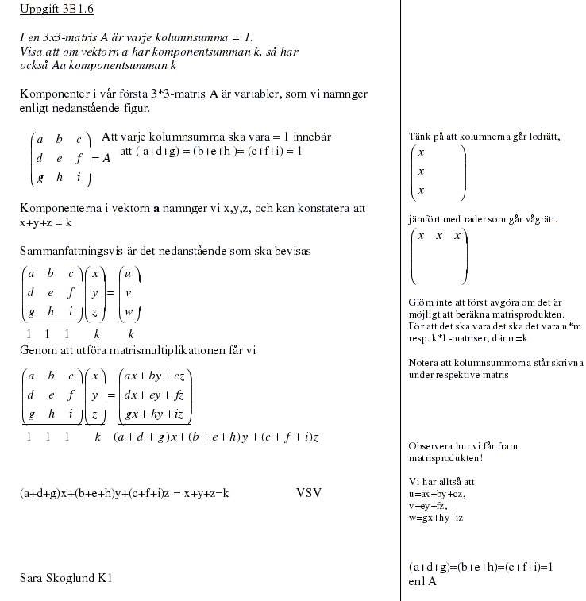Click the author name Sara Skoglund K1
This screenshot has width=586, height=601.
[x=66, y=578]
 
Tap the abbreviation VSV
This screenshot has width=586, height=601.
[x=309, y=493]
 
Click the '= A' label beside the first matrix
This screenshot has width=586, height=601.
[x=101, y=158]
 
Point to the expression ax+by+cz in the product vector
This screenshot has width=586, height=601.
[x=155, y=376]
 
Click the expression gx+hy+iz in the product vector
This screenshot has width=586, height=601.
[x=155, y=414]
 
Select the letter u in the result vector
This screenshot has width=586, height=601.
[x=129, y=274]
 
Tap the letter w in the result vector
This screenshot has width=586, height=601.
[x=129, y=312]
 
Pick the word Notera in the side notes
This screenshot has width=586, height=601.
[x=425, y=363]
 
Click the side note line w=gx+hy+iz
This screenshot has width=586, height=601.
[x=436, y=518]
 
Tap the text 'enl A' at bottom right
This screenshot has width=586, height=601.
[x=422, y=581]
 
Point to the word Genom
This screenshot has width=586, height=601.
[x=38, y=350]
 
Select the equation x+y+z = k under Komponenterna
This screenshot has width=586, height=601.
[x=46, y=223]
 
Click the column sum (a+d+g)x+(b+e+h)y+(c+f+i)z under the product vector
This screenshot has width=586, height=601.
[x=216, y=437]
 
